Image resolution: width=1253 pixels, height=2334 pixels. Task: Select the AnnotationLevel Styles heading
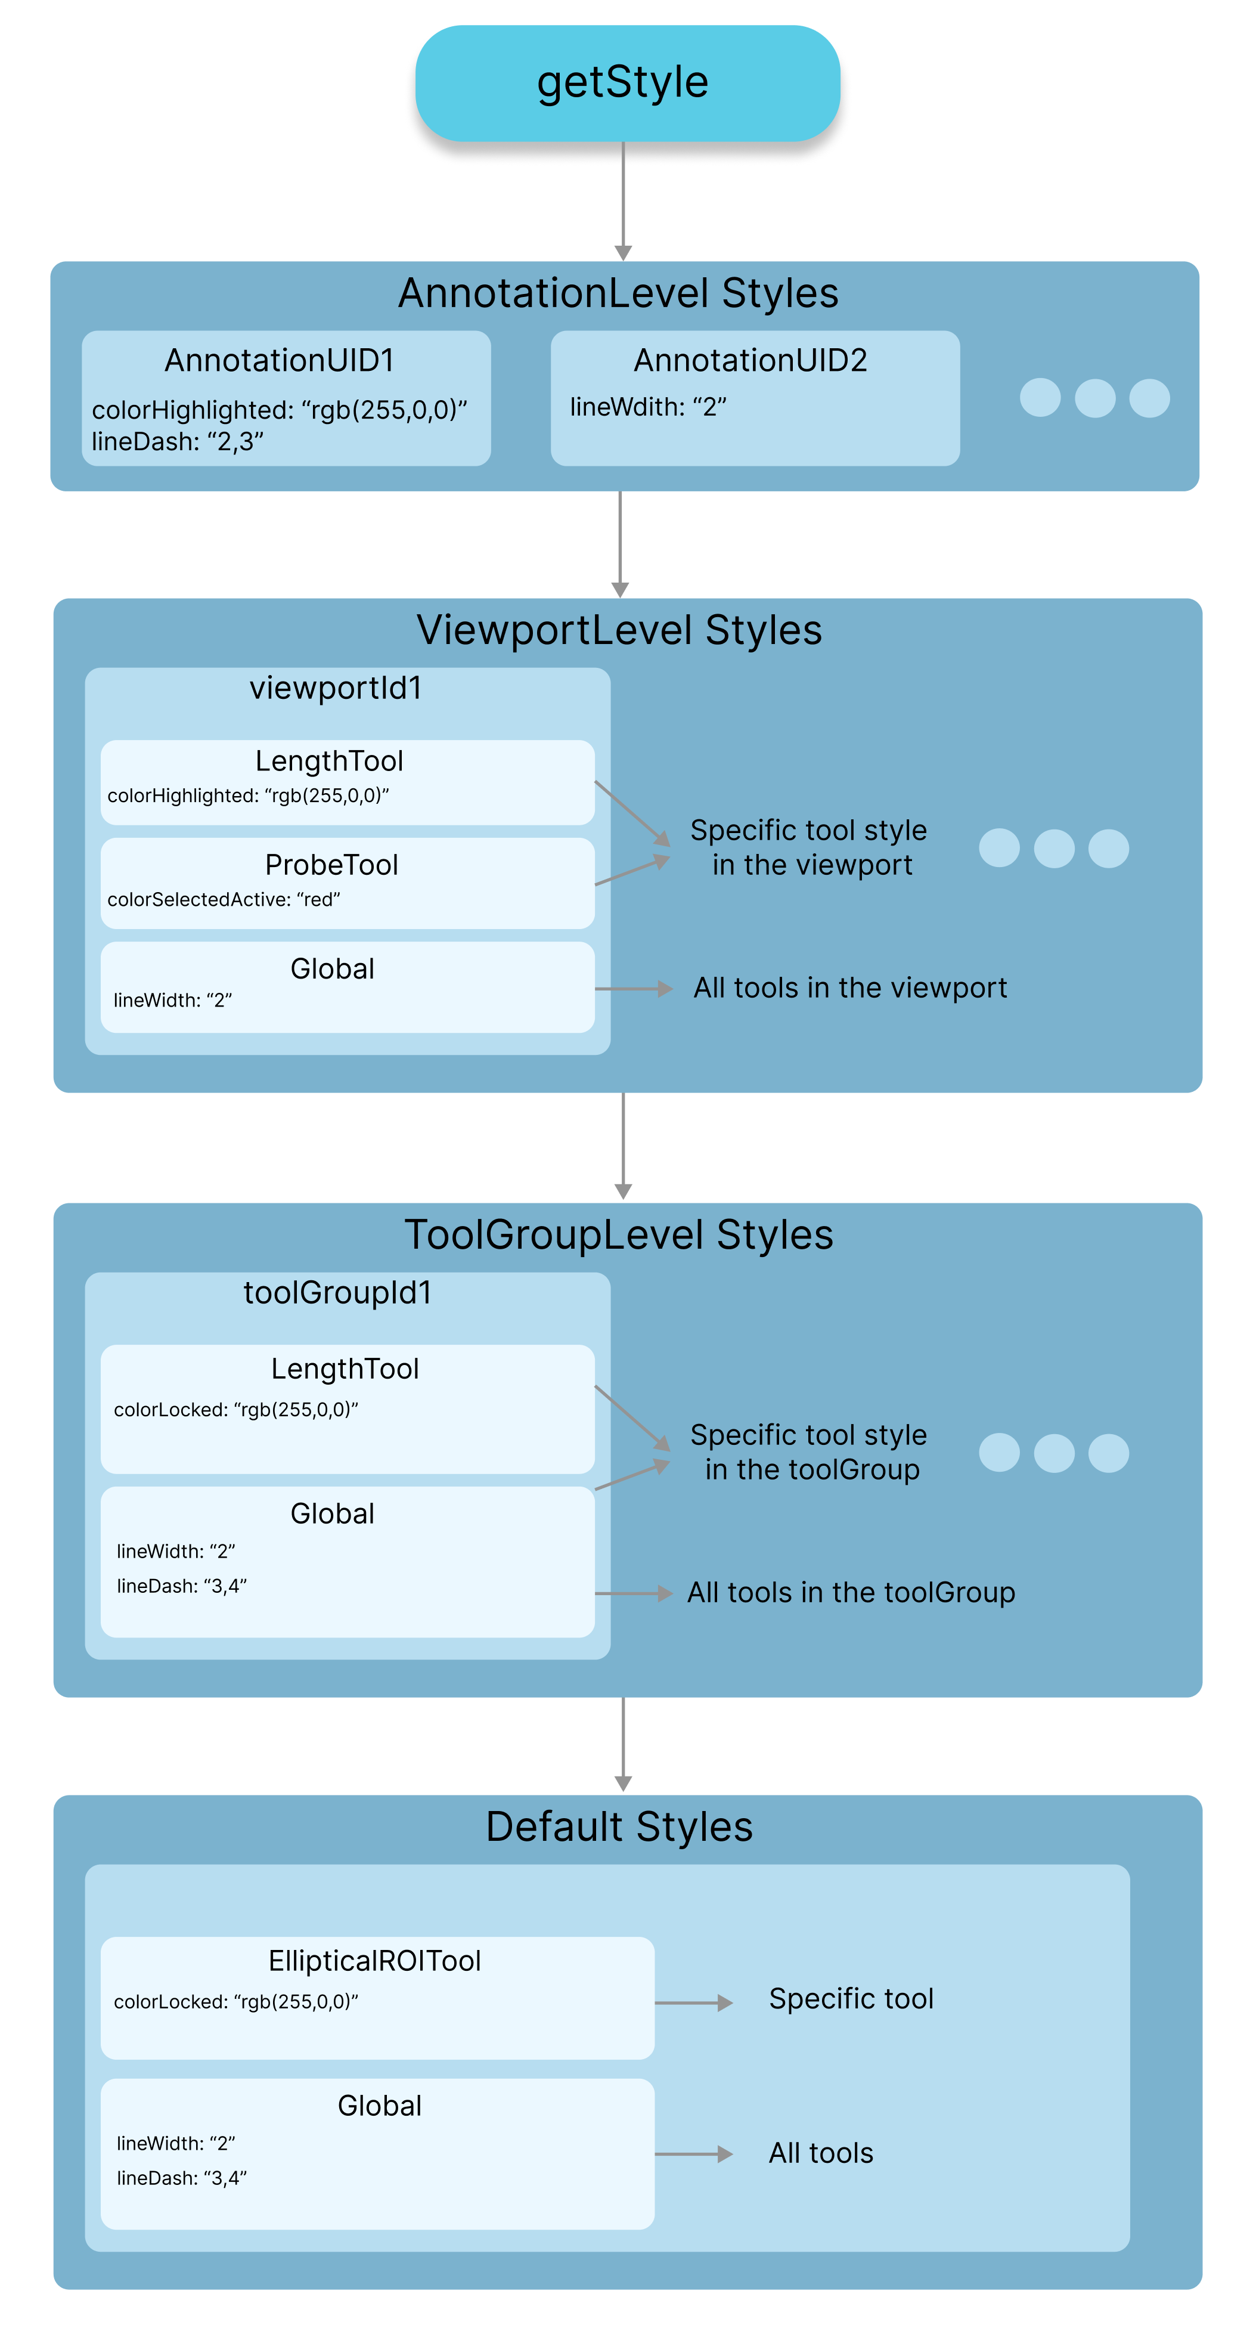[x=618, y=293]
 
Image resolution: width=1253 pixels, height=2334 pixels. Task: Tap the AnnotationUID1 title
[x=279, y=361]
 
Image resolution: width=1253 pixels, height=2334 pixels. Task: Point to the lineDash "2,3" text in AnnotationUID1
[x=178, y=441]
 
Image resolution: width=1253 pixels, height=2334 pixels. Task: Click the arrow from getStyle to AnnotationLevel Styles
[x=624, y=199]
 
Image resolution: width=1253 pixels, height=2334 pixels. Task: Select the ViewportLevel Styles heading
[x=619, y=630]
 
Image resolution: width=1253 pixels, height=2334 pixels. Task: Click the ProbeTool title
[x=331, y=865]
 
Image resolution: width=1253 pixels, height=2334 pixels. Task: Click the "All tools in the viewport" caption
[x=850, y=988]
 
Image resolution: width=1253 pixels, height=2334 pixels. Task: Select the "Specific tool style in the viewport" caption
[x=809, y=847]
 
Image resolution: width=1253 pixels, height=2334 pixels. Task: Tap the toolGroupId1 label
[x=337, y=1293]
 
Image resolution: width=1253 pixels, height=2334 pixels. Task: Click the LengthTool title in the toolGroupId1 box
[x=345, y=1368]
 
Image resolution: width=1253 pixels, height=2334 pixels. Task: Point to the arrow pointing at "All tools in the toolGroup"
[x=634, y=1593]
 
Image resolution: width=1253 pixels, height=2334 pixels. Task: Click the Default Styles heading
[x=619, y=1827]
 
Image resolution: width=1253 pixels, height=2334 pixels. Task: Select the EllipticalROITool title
[x=375, y=1961]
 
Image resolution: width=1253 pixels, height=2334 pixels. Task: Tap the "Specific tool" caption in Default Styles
[x=851, y=1999]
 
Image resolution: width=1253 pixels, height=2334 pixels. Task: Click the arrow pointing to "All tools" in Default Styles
[x=693, y=2154]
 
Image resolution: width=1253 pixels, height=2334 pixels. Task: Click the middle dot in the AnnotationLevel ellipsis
[x=1094, y=398]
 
